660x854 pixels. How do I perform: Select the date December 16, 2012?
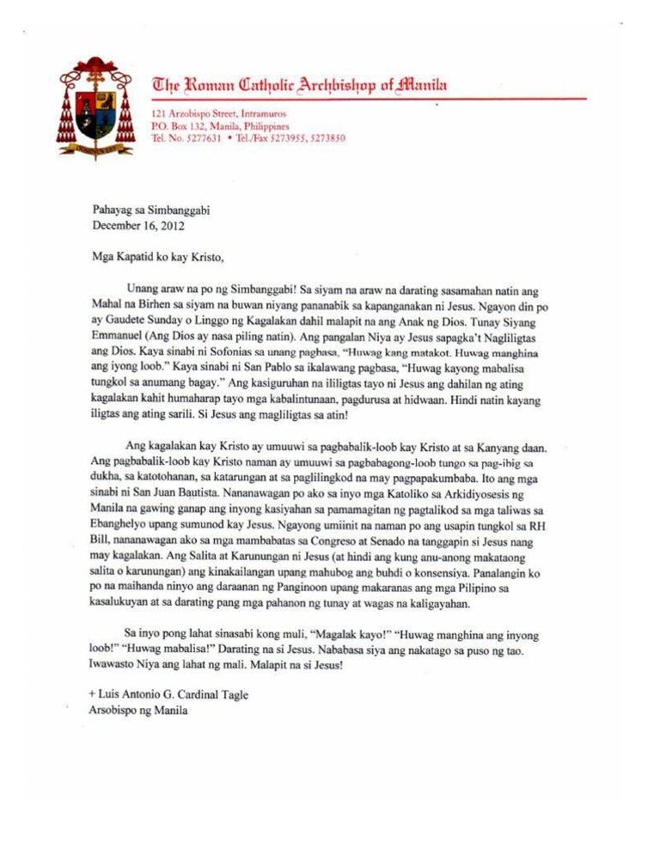142,227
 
